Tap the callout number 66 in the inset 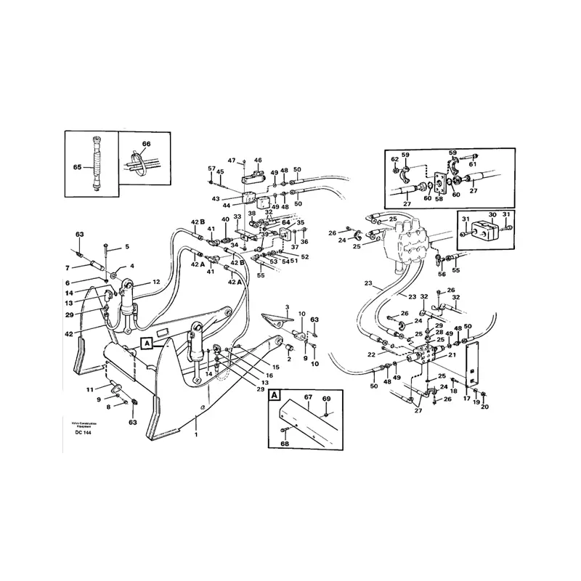(x=145, y=145)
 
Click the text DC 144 (x=83, y=434)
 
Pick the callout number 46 (x=257, y=160)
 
